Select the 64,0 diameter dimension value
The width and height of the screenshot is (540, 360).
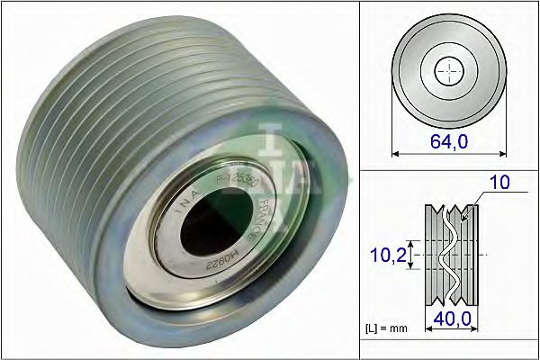click(447, 140)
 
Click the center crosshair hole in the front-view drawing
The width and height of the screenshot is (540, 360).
click(447, 71)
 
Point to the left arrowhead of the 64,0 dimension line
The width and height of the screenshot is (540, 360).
click(396, 152)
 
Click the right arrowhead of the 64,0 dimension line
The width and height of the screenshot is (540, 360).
click(500, 152)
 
